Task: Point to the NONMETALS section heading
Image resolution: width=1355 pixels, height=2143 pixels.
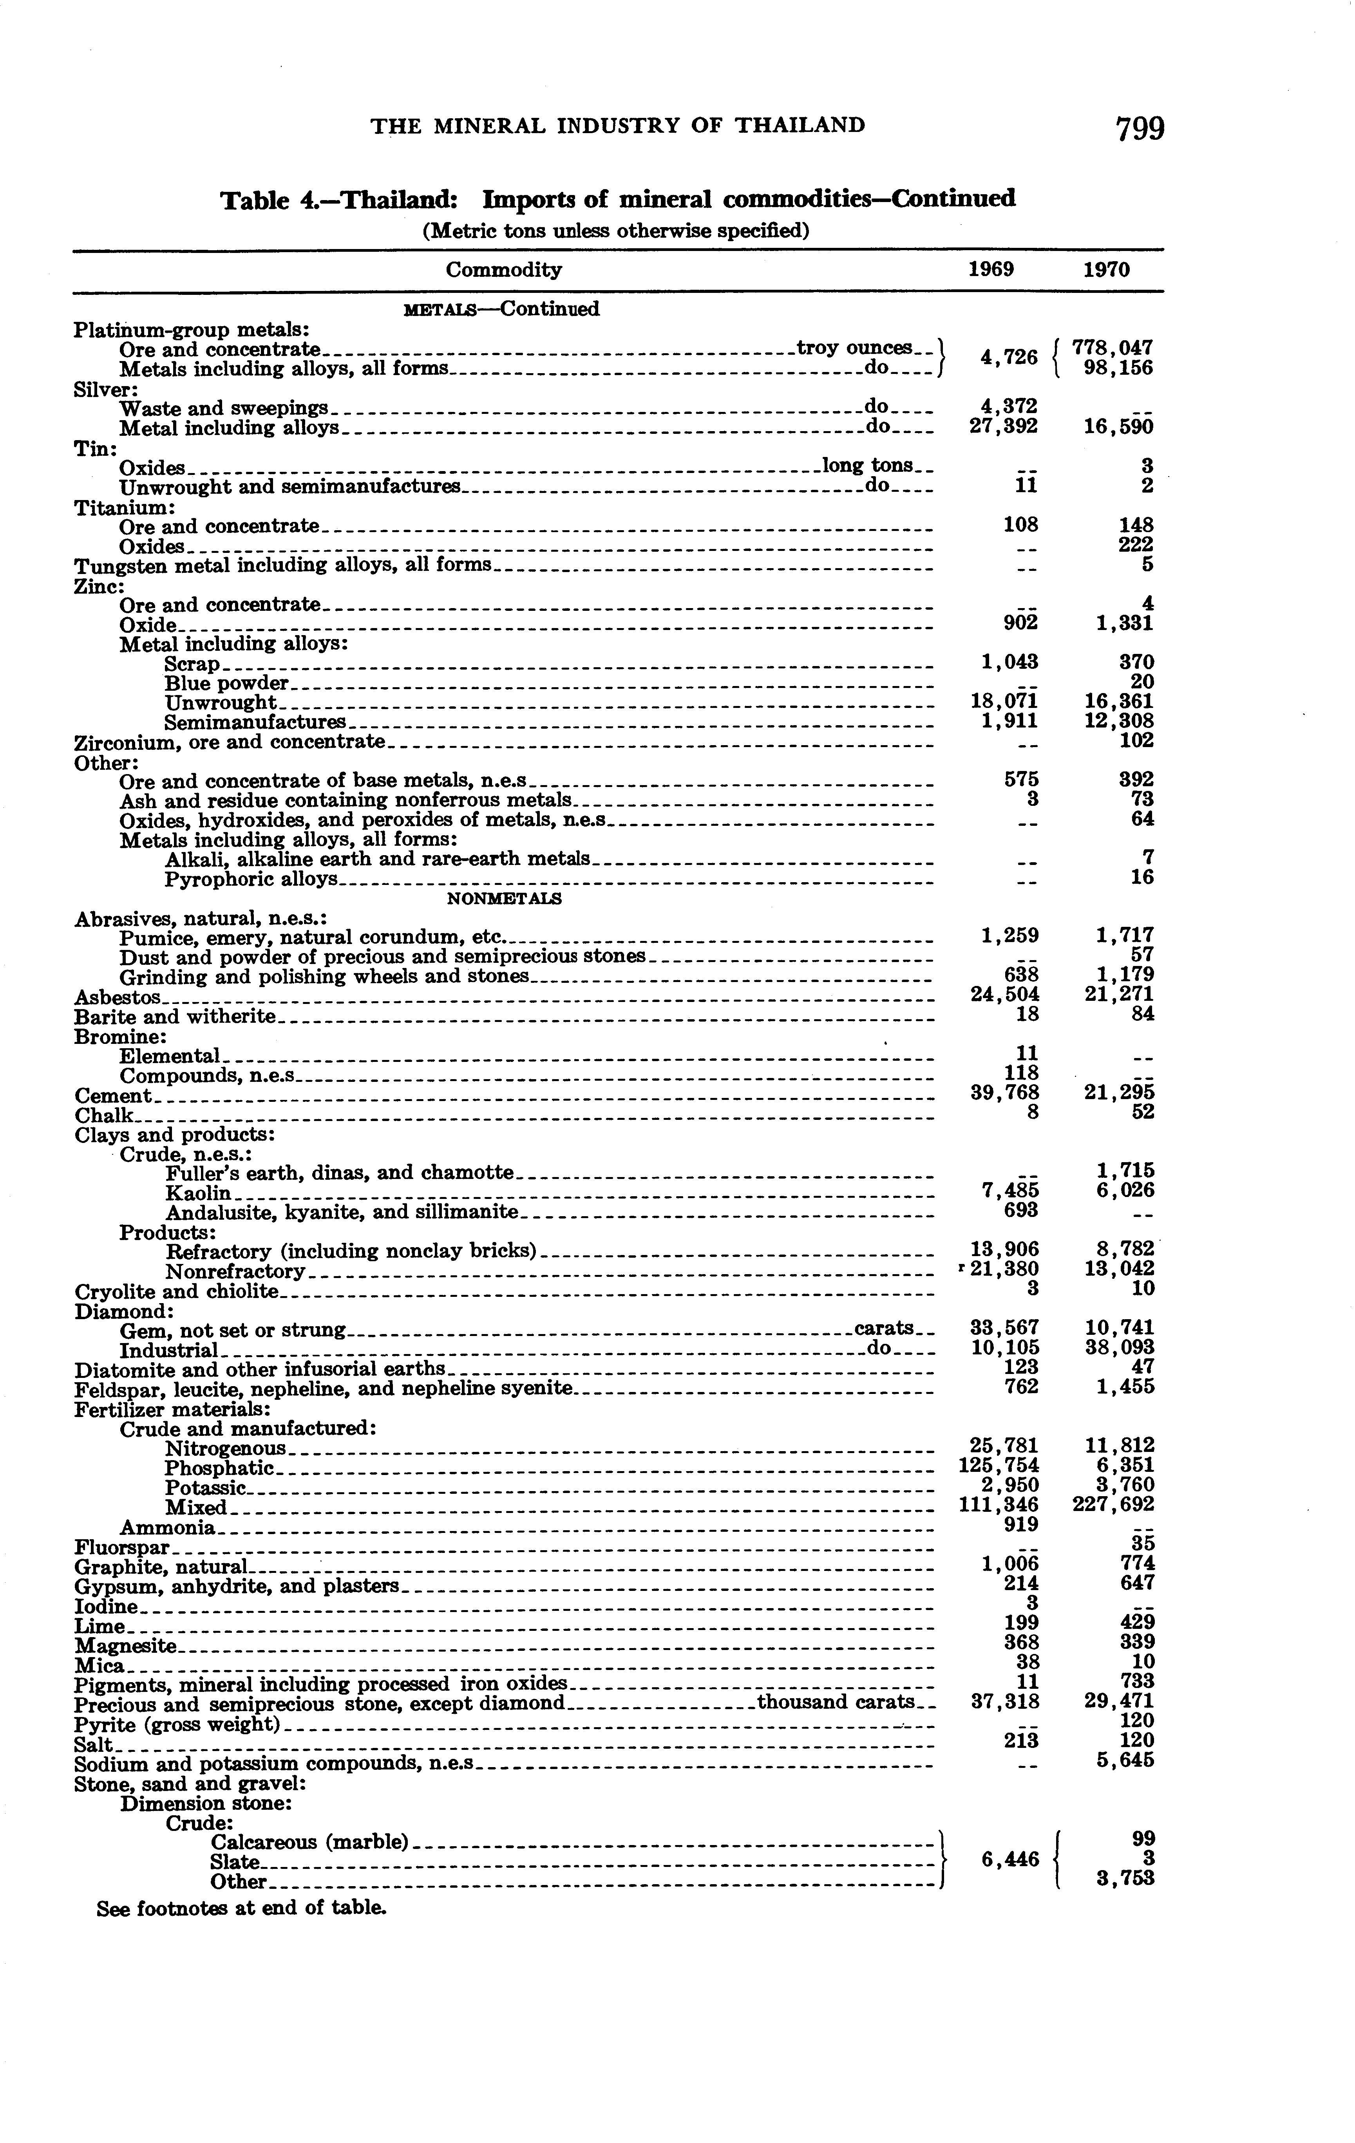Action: tap(504, 899)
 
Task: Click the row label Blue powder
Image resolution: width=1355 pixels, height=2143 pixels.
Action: tap(227, 684)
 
